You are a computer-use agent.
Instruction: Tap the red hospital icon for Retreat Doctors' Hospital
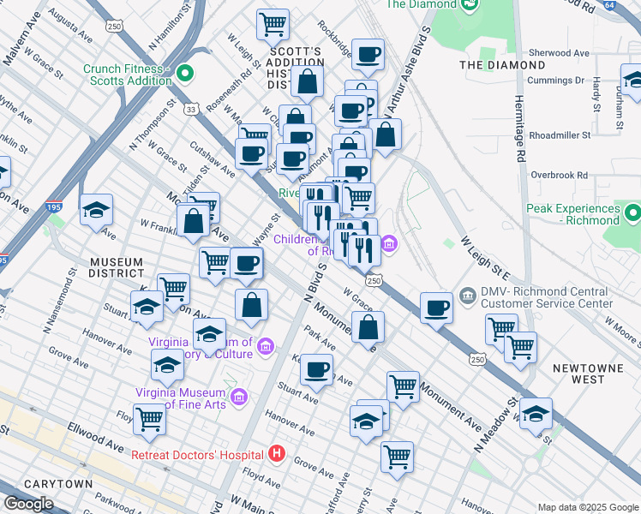pos(276,453)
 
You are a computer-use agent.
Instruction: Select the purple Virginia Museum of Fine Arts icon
pos(240,397)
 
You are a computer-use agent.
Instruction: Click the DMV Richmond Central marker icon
pos(468,296)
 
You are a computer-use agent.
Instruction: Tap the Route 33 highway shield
pos(190,110)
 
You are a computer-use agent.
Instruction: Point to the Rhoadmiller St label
pos(560,135)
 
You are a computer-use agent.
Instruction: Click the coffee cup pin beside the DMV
pos(436,308)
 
